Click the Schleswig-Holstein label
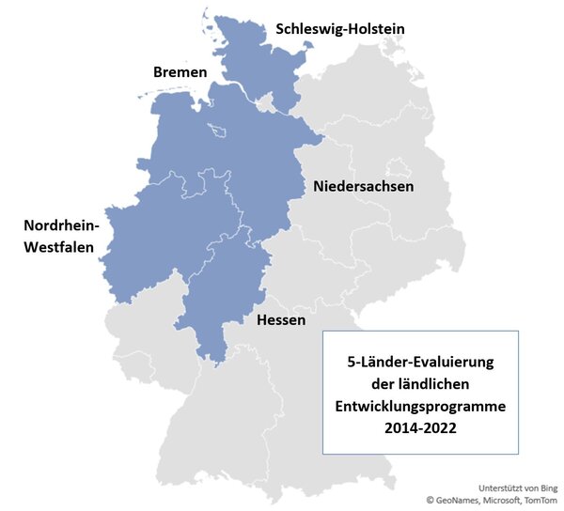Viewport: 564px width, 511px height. click(x=340, y=29)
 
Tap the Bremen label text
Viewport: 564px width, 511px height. click(x=180, y=72)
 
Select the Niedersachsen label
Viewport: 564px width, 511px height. click(x=364, y=186)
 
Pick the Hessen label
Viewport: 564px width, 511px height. click(x=281, y=320)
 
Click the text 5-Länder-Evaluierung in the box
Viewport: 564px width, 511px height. click(x=421, y=363)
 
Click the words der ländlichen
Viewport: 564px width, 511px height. click(x=421, y=384)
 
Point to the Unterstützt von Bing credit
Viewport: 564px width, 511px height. click(x=518, y=488)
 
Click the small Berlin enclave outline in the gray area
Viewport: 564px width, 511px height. click(x=400, y=168)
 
